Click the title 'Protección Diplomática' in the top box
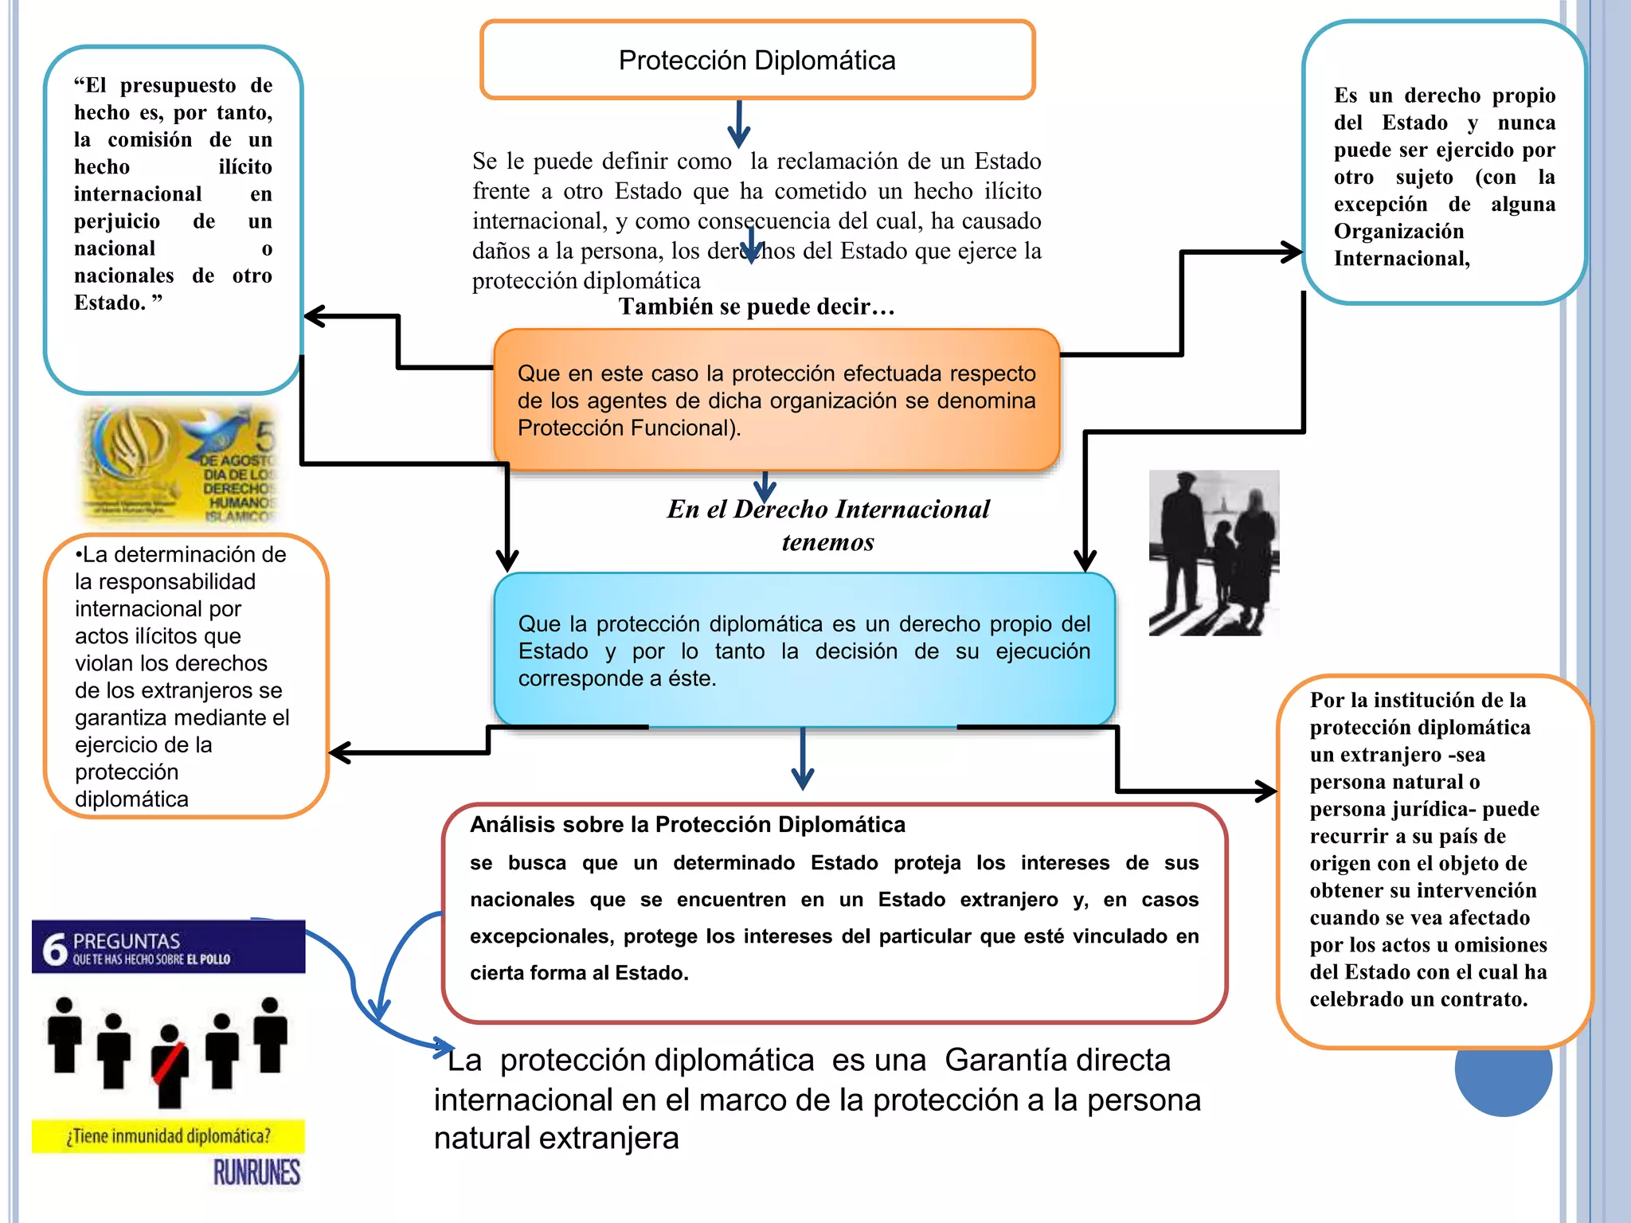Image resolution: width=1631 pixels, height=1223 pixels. click(757, 61)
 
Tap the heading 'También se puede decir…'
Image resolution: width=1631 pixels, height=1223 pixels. click(757, 307)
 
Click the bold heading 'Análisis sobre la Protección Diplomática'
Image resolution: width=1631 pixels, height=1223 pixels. click(687, 824)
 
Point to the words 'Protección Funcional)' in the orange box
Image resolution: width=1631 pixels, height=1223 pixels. click(629, 428)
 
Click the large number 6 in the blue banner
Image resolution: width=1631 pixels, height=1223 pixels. click(54, 948)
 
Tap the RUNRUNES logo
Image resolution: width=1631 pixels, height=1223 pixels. click(256, 1172)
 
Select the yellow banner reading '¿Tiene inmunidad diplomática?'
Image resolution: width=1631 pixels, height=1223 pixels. click(168, 1136)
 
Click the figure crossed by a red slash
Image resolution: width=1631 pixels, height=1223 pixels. click(169, 1065)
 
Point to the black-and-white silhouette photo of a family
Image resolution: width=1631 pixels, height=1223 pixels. click(1213, 553)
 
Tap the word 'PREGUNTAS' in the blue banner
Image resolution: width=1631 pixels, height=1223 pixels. click(127, 940)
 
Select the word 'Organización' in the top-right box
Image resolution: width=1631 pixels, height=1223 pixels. click(1398, 231)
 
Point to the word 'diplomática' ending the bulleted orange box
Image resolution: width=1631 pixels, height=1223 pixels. click(131, 799)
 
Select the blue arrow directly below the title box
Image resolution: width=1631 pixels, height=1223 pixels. click(739, 124)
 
